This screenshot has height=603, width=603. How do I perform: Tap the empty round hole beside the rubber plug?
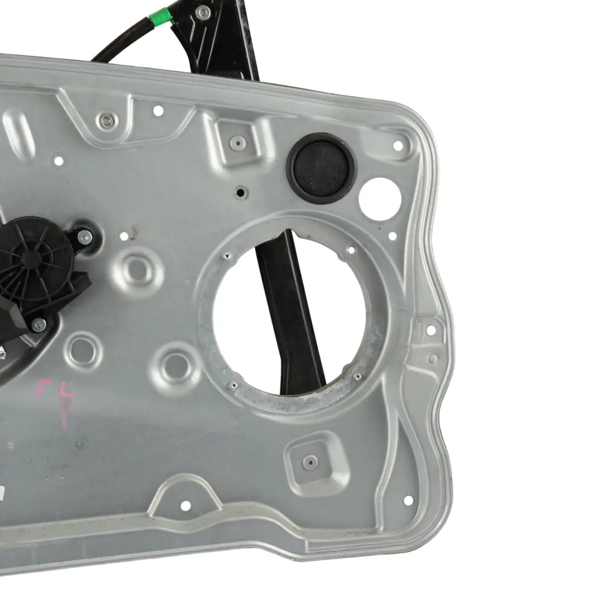(x=380, y=199)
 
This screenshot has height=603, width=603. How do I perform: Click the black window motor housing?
(x=39, y=268)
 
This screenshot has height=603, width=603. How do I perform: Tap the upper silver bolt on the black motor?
(x=84, y=236)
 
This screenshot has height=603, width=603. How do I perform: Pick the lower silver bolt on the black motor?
(x=39, y=323)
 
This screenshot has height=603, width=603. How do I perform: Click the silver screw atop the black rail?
(x=203, y=11)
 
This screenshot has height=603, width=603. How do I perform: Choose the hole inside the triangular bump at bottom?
(x=185, y=505)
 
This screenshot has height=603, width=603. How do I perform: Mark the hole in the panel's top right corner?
(x=398, y=145)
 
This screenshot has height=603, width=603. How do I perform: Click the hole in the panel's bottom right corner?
(x=408, y=500)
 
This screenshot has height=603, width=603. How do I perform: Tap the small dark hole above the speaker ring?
(x=241, y=193)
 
